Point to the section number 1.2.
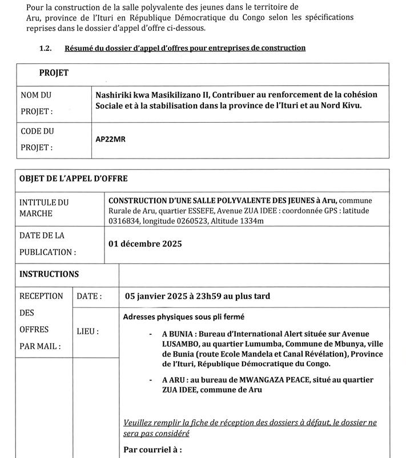click(46, 48)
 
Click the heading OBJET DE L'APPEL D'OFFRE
click(73, 179)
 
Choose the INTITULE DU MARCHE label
click(44, 208)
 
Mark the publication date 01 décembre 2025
click(145, 244)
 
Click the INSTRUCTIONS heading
click(49, 274)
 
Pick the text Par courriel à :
click(152, 449)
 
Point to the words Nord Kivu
click(340, 106)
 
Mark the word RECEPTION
click(42, 296)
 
